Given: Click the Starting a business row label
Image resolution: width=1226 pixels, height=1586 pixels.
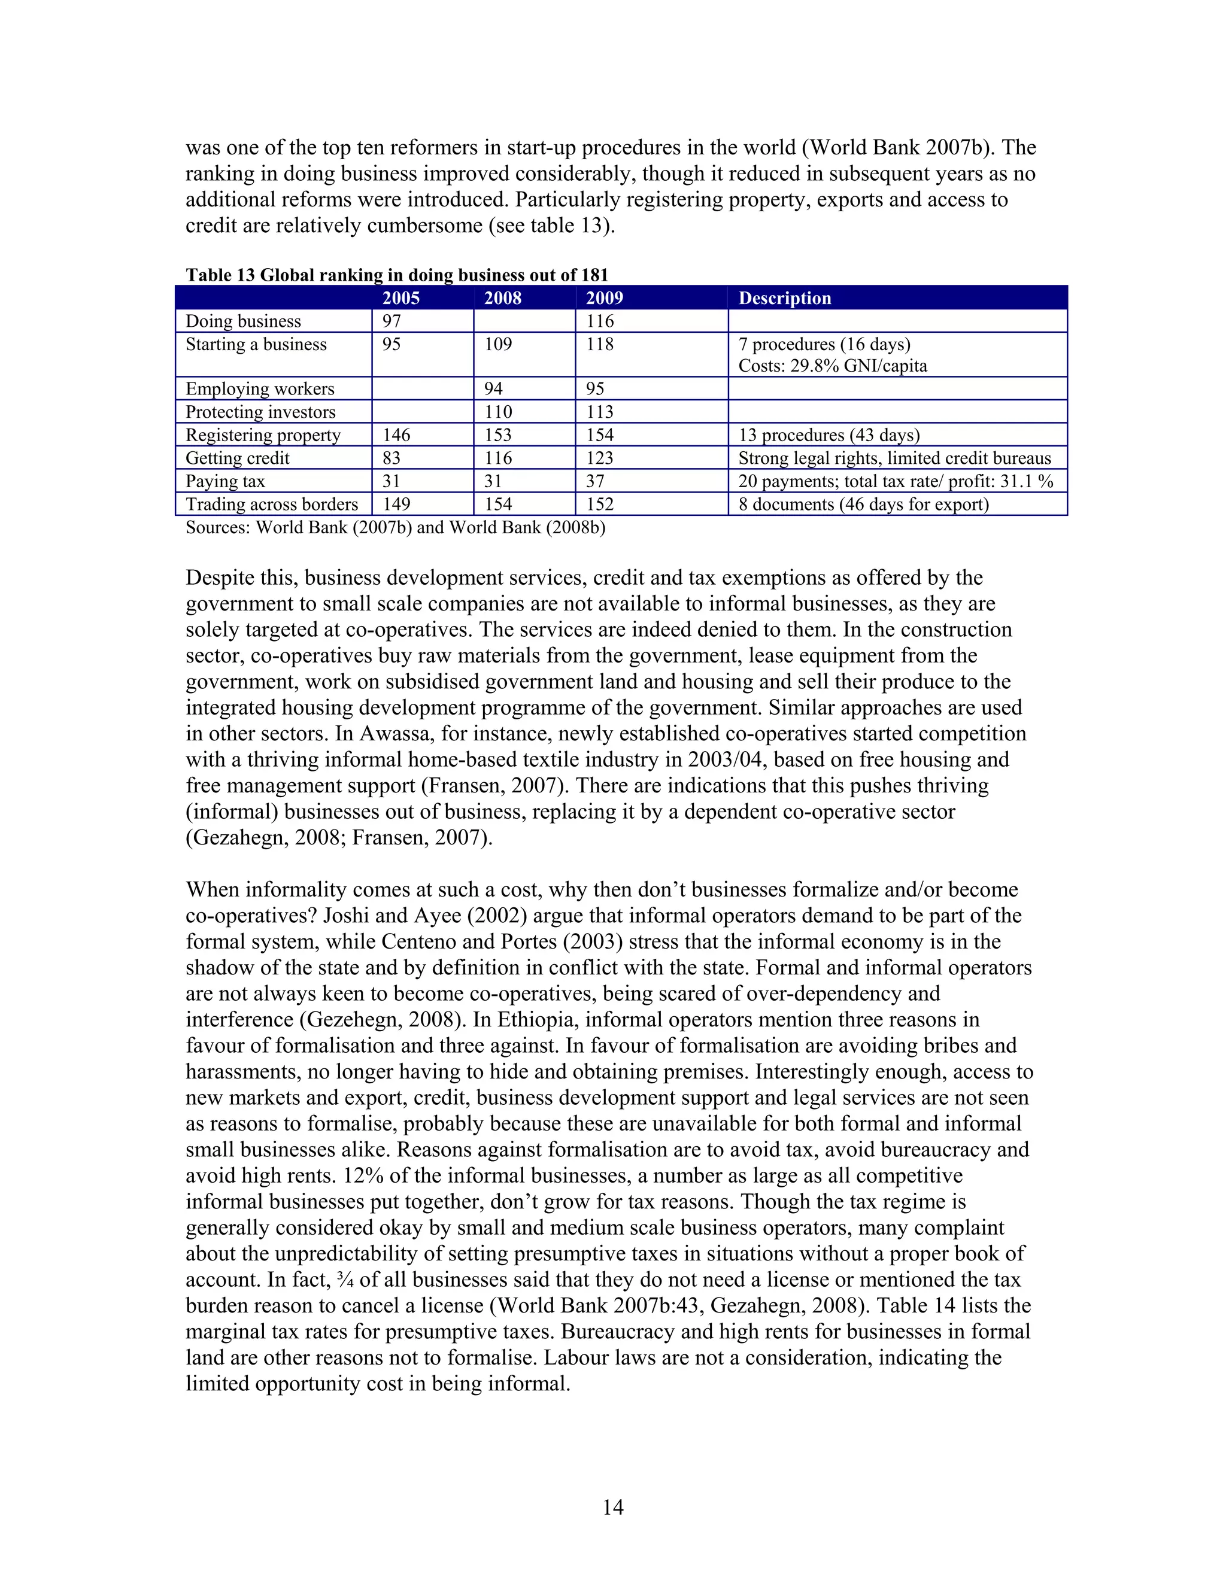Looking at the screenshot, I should (256, 344).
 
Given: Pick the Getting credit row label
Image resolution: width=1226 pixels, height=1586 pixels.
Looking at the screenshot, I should (238, 458).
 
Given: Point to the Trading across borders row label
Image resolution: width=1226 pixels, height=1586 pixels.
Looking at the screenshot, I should (272, 504).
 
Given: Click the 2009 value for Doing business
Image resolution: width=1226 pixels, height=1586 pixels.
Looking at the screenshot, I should (600, 321).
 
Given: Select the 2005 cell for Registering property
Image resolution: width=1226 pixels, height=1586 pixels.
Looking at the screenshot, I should (396, 435).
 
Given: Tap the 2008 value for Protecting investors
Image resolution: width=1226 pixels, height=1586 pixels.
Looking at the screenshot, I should (498, 412).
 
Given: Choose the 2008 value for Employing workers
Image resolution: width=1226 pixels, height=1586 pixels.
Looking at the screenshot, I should (493, 388).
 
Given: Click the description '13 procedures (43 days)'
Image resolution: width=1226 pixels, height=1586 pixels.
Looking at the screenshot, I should (829, 435).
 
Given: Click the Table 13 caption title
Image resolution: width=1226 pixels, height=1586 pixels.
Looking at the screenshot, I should (396, 275).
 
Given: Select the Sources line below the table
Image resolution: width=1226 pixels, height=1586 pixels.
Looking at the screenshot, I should (395, 527).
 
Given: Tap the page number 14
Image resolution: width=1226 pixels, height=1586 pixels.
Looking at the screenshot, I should (612, 1508).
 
